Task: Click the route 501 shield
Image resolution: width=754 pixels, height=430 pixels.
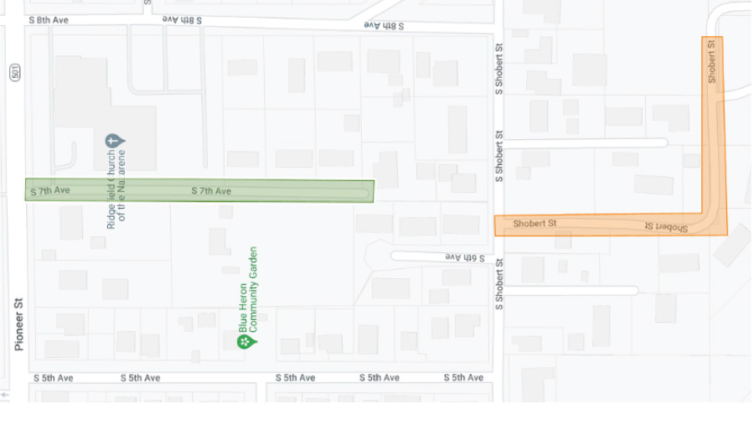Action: click(16, 73)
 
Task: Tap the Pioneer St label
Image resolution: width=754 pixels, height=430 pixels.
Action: click(18, 323)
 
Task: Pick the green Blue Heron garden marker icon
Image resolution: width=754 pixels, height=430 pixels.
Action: click(244, 341)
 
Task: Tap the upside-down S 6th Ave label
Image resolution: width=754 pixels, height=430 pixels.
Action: click(464, 256)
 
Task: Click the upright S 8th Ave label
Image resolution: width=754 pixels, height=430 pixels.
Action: click(48, 18)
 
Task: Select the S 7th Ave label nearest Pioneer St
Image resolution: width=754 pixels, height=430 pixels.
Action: click(50, 191)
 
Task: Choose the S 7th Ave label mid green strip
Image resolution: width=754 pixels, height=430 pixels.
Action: click(211, 191)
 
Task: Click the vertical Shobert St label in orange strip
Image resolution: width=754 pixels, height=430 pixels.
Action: click(712, 62)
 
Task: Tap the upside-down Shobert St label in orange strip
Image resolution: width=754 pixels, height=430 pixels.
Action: click(666, 227)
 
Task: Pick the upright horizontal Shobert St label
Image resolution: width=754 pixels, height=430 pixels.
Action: click(535, 224)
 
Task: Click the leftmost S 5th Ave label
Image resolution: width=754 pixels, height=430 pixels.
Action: click(54, 378)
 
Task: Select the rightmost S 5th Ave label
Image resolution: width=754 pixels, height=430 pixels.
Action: click(463, 378)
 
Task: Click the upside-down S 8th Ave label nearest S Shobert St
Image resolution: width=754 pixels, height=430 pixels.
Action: click(384, 26)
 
